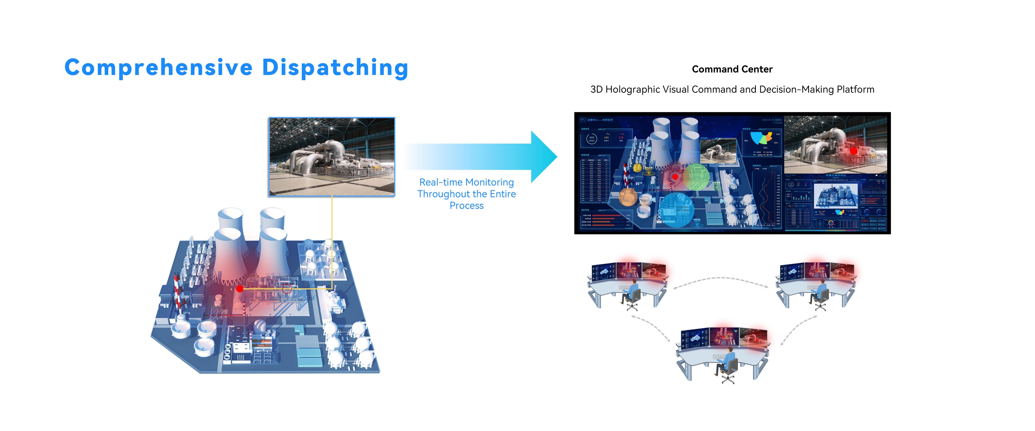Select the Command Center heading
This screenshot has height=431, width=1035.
(x=732, y=69)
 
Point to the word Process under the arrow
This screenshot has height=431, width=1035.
(x=466, y=206)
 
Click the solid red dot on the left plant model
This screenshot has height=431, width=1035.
(x=240, y=288)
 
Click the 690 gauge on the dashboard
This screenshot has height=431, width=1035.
(x=591, y=138)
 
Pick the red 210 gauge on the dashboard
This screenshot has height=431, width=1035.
(x=621, y=138)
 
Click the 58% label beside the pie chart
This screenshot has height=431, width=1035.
(x=746, y=140)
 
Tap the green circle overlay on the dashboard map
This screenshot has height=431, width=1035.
(x=698, y=177)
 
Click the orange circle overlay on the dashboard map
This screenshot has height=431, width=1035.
(x=628, y=197)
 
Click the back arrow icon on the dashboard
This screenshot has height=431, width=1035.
(x=583, y=120)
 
